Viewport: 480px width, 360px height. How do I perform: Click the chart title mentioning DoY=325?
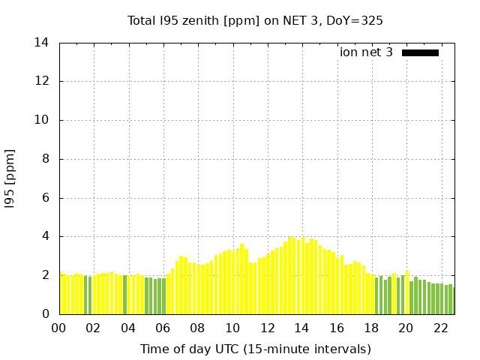(255, 20)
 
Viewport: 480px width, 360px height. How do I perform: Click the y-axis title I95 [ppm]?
(10, 178)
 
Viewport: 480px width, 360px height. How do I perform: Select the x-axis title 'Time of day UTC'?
(255, 349)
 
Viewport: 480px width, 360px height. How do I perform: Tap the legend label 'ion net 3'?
(366, 52)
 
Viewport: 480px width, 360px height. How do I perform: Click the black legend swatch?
(420, 52)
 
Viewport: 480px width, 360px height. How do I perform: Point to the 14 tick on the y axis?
(42, 43)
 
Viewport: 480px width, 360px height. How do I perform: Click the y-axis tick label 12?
(42, 81)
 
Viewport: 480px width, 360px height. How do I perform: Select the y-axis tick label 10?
(42, 120)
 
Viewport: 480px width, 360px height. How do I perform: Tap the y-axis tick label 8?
(45, 159)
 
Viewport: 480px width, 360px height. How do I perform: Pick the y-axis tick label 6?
(45, 198)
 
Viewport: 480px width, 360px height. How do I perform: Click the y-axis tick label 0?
(45, 314)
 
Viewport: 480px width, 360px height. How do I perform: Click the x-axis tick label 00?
(58, 328)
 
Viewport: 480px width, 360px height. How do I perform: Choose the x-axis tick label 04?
(128, 328)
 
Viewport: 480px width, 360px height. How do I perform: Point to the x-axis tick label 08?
(197, 328)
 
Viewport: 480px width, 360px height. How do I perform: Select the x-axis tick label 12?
(267, 328)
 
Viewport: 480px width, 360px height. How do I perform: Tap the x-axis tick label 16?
(336, 328)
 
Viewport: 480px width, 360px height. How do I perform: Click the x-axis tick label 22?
(440, 328)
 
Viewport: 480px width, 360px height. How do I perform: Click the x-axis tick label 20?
(406, 328)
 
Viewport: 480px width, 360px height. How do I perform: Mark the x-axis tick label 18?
(370, 328)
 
